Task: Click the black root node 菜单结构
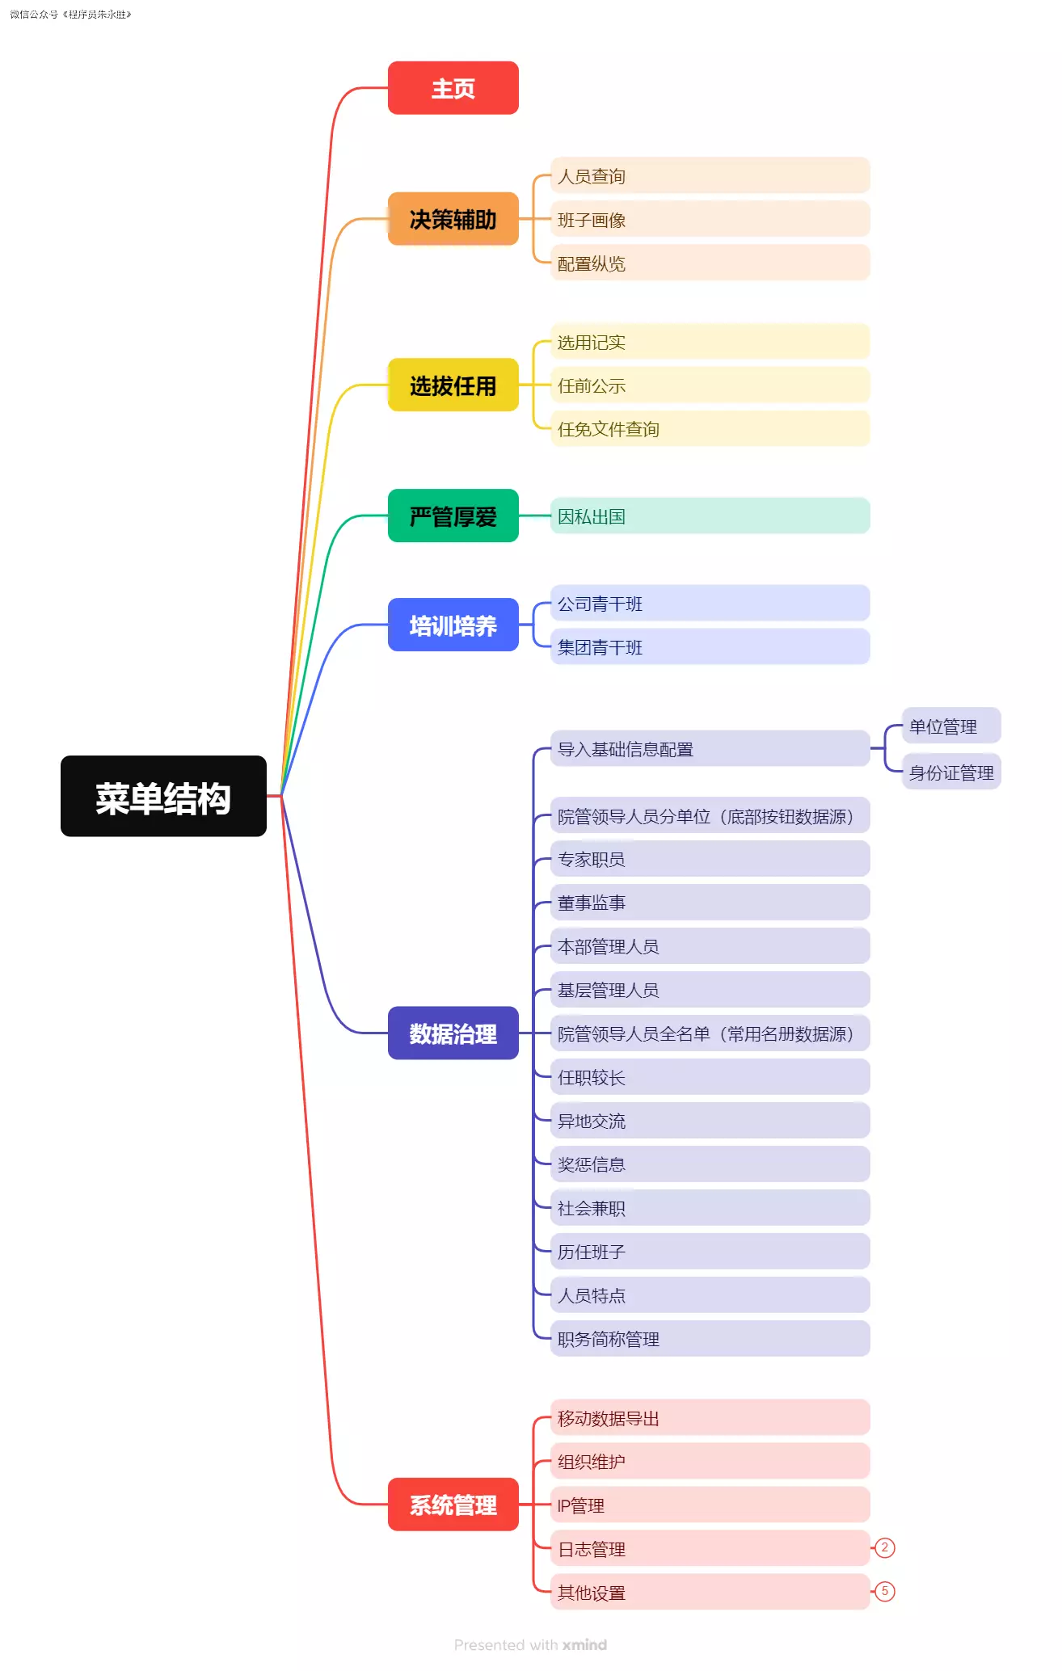click(x=163, y=796)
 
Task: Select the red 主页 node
click(x=453, y=88)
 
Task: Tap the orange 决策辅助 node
click(x=453, y=219)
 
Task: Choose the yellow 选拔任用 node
click(x=453, y=385)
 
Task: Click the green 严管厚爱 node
click(x=453, y=516)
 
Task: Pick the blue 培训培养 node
click(x=453, y=625)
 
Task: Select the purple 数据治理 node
click(x=453, y=1033)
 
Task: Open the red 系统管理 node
click(x=453, y=1505)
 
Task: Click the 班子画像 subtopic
click(x=709, y=220)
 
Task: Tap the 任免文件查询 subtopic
click(x=709, y=429)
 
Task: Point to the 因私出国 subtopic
click(x=709, y=516)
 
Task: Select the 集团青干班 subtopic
click(x=709, y=647)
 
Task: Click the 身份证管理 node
click(x=950, y=772)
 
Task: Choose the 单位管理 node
click(x=950, y=726)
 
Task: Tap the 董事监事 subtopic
click(x=709, y=903)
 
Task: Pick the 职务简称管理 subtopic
click(x=709, y=1339)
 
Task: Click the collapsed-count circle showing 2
click(x=885, y=1548)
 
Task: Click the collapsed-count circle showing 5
click(x=885, y=1592)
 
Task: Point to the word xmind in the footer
click(x=584, y=1645)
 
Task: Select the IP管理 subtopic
click(x=709, y=1505)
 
